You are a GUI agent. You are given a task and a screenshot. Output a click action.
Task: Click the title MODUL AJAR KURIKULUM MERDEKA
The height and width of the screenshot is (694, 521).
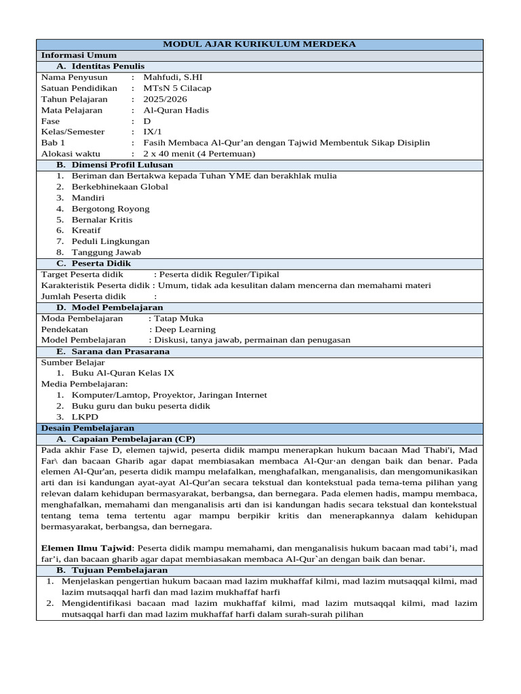pos(259,44)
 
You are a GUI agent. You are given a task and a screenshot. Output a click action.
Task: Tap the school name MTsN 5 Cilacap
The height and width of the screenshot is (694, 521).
pos(177,88)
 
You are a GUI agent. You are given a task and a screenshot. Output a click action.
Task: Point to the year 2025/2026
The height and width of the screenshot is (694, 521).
pos(165,99)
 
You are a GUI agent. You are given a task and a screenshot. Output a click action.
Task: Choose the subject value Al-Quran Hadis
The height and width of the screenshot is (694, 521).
pos(176,110)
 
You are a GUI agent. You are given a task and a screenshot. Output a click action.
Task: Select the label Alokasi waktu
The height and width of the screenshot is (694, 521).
pos(71,154)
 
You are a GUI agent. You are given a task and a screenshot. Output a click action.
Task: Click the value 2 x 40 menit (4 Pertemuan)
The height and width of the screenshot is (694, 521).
pos(199,154)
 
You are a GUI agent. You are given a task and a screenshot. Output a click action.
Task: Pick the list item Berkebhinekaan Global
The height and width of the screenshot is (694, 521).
pos(119,186)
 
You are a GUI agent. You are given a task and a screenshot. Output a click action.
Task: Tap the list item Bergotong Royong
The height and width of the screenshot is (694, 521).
pos(111,209)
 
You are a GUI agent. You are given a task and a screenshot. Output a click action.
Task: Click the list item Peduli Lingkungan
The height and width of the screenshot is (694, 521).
pos(111,241)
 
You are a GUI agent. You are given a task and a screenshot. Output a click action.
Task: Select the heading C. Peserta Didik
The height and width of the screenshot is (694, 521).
pos(94,263)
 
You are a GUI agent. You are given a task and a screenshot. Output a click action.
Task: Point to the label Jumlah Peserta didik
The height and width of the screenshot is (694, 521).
pos(83,296)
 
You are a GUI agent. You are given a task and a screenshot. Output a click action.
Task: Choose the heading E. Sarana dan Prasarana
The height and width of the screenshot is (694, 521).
pos(113,351)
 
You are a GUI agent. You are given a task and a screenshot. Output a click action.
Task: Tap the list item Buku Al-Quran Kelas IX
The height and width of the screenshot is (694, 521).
pos(123,373)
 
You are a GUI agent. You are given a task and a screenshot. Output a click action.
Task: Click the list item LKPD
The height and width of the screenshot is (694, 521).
pos(85,417)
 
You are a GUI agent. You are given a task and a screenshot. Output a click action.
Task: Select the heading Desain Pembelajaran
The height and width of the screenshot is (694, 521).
pos(88,428)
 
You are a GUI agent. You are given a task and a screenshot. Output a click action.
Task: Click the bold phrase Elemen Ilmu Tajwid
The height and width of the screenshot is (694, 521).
pos(87,548)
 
